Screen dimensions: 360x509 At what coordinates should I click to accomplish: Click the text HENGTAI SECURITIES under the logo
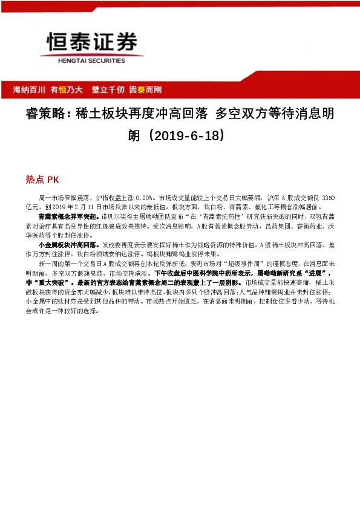click(84, 60)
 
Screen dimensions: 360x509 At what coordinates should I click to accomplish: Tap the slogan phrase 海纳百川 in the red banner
click(30, 89)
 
